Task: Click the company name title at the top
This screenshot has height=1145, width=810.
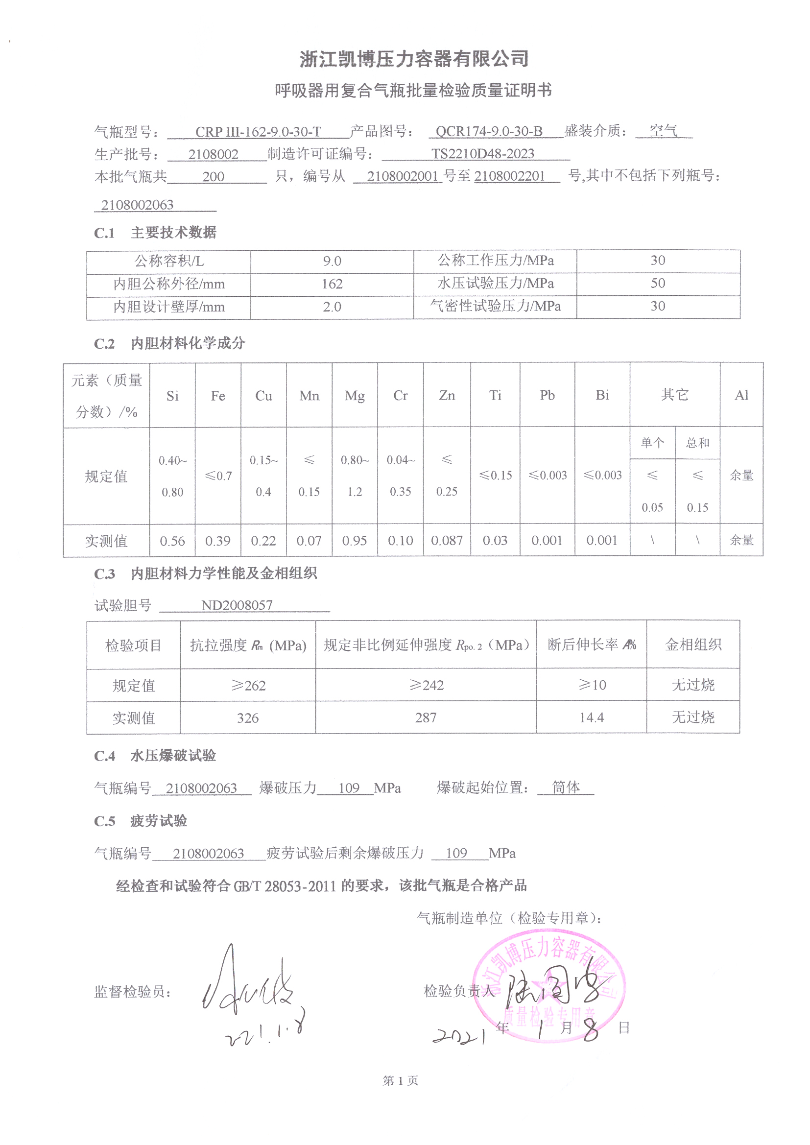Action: point(413,59)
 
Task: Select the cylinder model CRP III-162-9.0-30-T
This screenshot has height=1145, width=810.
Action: point(258,132)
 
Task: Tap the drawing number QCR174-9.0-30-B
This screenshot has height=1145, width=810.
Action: point(489,131)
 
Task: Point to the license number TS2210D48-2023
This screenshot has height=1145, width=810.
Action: point(482,154)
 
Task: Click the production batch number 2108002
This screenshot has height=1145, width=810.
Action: point(213,155)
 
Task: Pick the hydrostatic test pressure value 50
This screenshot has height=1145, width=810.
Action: point(657,283)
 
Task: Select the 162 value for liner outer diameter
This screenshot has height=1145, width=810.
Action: point(332,284)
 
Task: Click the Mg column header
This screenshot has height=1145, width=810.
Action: point(354,396)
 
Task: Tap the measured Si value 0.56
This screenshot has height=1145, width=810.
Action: point(172,541)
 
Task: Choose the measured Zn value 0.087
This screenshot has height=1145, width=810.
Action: point(447,541)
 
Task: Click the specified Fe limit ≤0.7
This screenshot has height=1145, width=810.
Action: point(218,476)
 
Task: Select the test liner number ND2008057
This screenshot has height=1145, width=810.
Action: point(237,605)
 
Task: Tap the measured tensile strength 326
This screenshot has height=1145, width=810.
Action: point(247,718)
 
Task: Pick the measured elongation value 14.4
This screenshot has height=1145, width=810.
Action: point(591,717)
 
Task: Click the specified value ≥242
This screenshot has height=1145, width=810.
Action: point(426,685)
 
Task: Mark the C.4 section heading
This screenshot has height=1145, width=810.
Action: point(155,756)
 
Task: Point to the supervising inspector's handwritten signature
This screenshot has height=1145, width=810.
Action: point(249,984)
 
